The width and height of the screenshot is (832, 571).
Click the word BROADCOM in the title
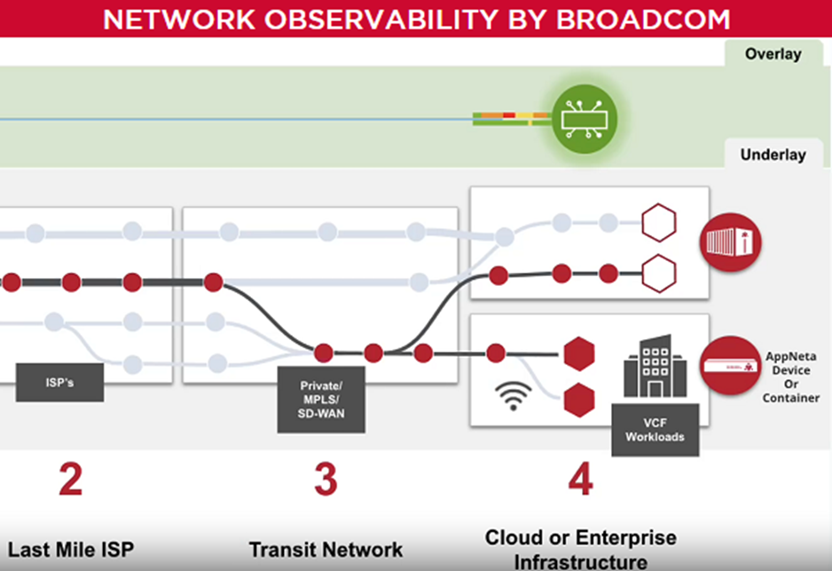643,19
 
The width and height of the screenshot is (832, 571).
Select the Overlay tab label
773,54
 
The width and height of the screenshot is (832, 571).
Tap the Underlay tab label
773,155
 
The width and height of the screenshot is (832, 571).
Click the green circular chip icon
585,117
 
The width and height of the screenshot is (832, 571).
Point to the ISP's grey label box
59,383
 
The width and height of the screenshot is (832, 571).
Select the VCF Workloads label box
655,430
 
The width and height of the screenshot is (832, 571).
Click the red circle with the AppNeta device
731,364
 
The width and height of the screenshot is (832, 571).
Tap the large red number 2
70,480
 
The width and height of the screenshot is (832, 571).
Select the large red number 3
325,480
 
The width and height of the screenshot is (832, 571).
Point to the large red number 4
579,480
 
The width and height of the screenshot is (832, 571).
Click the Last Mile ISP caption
71,550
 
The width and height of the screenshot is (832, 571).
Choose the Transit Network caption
326,550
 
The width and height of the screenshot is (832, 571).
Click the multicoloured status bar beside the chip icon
511,118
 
